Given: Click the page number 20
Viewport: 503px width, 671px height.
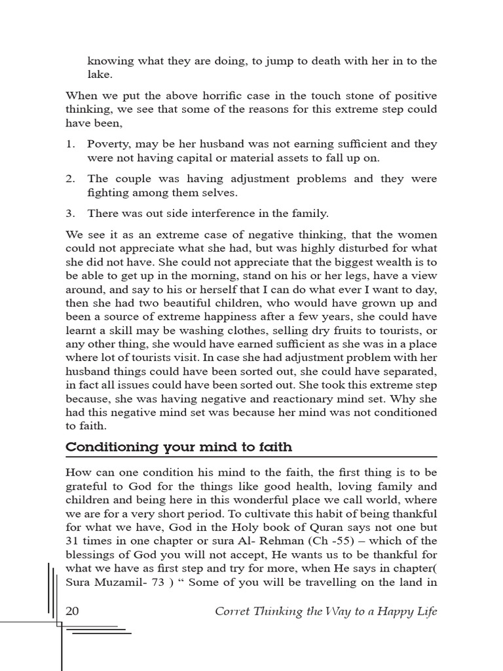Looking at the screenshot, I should pyautogui.click(x=73, y=611).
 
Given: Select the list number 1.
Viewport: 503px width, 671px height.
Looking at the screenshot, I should pyautogui.click(x=70, y=144).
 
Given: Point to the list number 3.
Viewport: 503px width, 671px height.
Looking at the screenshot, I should pyautogui.click(x=70, y=213).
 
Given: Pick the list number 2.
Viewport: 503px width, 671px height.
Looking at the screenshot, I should pyautogui.click(x=70, y=178).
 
